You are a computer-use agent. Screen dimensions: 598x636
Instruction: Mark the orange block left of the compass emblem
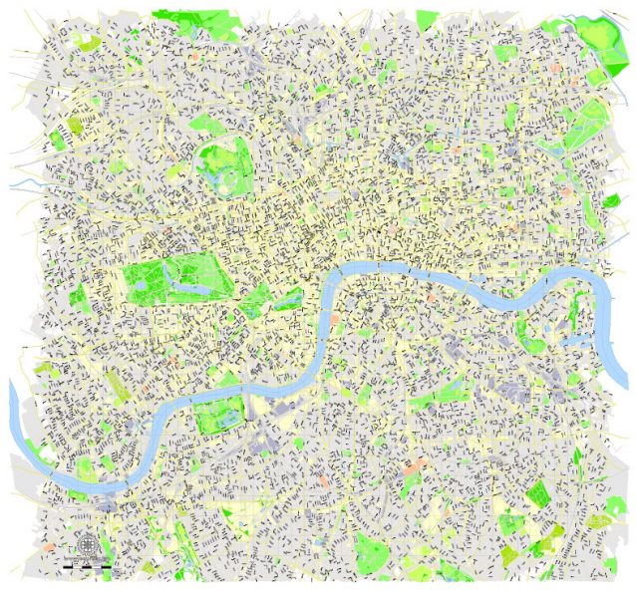48,547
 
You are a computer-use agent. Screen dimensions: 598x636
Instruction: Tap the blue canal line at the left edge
22,186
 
